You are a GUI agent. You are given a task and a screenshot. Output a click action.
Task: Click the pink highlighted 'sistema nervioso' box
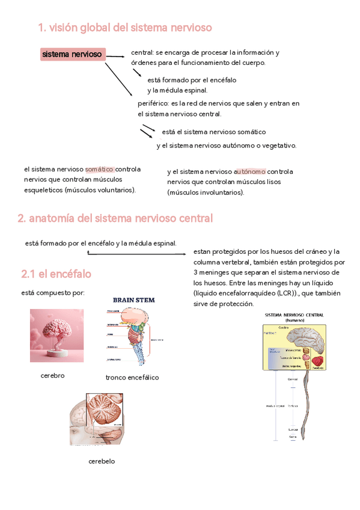pyautogui.click(x=72, y=55)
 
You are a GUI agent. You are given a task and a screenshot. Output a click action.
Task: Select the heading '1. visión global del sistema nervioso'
pyautogui.click(x=124, y=28)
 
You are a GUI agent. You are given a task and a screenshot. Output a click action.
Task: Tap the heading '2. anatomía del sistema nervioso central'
pyautogui.click(x=115, y=218)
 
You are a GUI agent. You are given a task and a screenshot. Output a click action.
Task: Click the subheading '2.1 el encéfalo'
pyautogui.click(x=56, y=274)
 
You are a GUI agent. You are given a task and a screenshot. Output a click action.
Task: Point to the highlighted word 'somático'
pyautogui.click(x=100, y=169)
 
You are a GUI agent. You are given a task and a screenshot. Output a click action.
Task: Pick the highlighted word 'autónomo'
pyautogui.click(x=250, y=171)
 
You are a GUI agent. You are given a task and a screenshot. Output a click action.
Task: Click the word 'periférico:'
pyautogui.click(x=154, y=103)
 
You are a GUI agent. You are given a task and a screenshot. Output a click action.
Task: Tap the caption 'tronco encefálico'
pyautogui.click(x=132, y=378)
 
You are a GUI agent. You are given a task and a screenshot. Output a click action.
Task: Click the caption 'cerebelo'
pyautogui.click(x=102, y=461)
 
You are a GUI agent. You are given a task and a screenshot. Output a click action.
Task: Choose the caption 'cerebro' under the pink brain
pyautogui.click(x=52, y=375)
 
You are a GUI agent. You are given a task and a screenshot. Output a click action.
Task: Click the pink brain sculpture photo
pyautogui.click(x=56, y=336)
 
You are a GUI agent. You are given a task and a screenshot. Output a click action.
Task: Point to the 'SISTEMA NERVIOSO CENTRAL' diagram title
pyautogui.click(x=294, y=315)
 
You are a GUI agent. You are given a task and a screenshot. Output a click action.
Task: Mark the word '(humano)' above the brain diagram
pyautogui.click(x=294, y=321)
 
